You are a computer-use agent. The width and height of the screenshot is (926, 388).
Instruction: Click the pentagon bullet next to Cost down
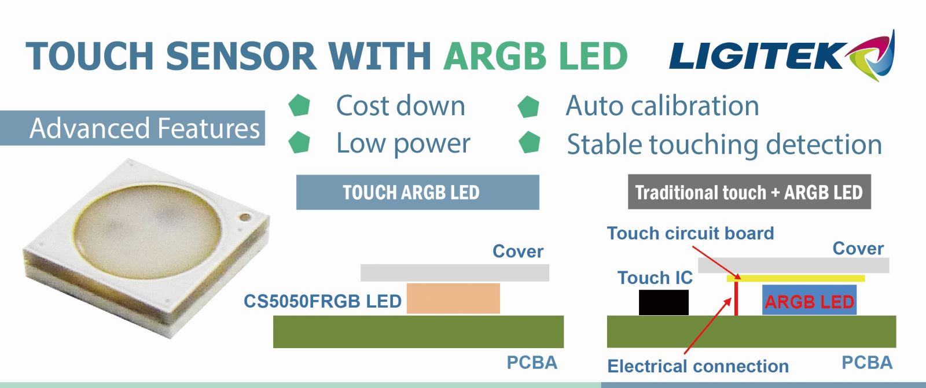(300, 106)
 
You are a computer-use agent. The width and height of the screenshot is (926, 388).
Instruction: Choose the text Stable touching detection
(724, 145)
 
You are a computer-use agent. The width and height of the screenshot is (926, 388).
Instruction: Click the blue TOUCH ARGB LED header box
(417, 192)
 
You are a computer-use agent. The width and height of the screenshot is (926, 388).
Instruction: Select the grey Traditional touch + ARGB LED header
(749, 192)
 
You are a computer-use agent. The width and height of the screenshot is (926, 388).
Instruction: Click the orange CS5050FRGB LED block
(453, 298)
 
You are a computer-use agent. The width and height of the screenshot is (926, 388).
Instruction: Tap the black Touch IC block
(664, 302)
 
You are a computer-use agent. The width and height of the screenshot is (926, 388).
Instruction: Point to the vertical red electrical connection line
(736, 298)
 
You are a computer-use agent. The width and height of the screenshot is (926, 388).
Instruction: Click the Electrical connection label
(698, 366)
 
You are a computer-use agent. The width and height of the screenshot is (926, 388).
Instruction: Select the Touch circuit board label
(690, 234)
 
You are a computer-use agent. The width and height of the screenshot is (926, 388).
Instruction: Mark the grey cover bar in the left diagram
(454, 272)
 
